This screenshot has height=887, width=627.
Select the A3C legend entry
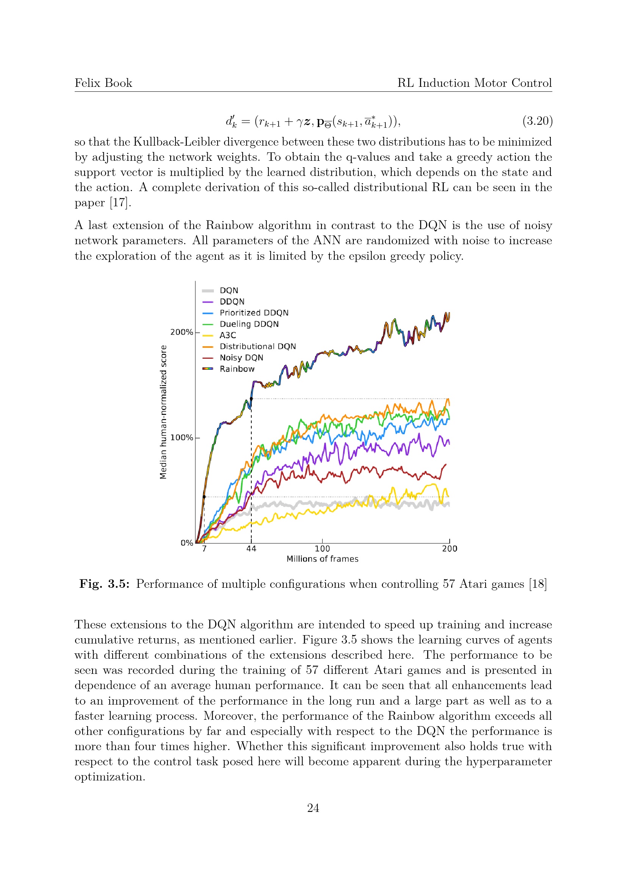click(x=227, y=335)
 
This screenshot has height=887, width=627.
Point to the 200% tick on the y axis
click(x=182, y=332)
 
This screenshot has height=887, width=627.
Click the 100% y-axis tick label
click(x=182, y=438)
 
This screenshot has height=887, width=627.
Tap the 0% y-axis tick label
click(x=187, y=543)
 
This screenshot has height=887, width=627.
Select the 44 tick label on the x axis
click(x=251, y=549)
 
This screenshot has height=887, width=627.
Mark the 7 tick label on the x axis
click(x=204, y=549)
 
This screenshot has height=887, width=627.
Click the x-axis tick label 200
click(x=450, y=549)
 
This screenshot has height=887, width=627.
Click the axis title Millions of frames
click(x=322, y=559)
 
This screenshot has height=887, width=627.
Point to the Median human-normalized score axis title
click(x=163, y=412)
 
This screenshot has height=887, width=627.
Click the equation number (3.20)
click(x=538, y=121)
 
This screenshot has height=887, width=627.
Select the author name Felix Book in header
click(x=103, y=83)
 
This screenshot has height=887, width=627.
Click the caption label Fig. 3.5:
click(x=104, y=584)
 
